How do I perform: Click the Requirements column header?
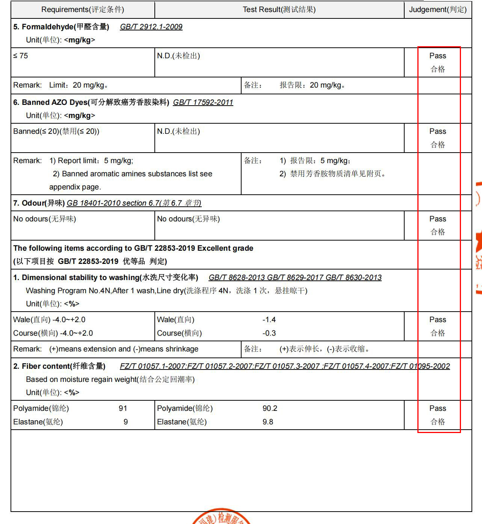83,9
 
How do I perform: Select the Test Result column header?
279,9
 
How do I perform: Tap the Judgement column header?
438,9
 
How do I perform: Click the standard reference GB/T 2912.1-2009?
151,27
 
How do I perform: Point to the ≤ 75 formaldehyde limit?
21,56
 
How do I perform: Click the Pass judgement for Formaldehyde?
438,56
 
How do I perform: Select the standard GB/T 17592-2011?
203,102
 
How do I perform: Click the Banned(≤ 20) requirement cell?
56,131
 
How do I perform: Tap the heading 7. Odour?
39,203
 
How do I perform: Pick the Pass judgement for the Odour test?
438,219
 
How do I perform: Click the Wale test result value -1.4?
269,320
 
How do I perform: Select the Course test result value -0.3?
269,333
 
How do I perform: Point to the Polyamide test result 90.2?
270,408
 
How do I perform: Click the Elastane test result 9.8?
268,422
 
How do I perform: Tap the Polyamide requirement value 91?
123,408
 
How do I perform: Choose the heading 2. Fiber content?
59,366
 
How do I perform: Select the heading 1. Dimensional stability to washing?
106,277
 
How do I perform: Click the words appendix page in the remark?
75,187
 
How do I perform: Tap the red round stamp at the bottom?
222,518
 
